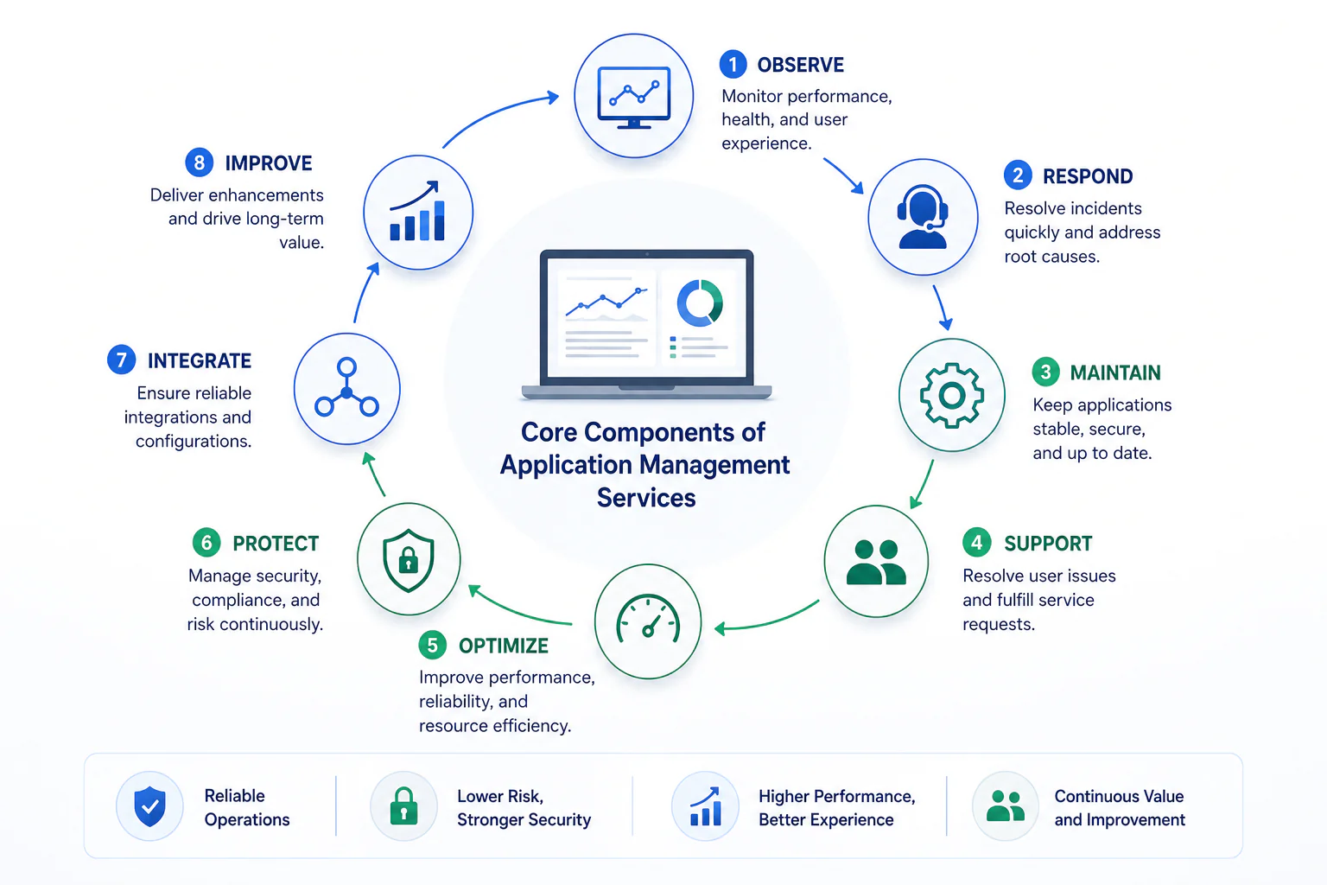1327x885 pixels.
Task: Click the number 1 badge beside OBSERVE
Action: [x=733, y=64]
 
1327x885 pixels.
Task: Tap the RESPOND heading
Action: [x=1088, y=176]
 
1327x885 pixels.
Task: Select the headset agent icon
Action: [x=923, y=216]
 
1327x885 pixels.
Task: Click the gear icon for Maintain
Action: [x=952, y=395]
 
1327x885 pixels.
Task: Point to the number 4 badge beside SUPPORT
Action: [x=977, y=542]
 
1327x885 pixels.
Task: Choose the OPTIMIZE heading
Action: [x=504, y=646]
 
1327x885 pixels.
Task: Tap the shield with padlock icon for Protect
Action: [x=408, y=560]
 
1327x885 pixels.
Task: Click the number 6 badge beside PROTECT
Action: [x=206, y=543]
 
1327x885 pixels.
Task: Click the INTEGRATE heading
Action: [x=199, y=360]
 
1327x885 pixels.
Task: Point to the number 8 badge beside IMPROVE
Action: [x=199, y=162]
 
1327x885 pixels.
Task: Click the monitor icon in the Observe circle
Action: [x=634, y=97]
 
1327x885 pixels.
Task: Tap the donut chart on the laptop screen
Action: [x=700, y=302]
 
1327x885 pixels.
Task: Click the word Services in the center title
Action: [x=645, y=497]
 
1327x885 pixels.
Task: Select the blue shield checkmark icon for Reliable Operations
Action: [x=149, y=806]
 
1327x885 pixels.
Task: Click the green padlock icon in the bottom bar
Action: [x=404, y=806]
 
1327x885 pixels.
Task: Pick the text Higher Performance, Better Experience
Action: [x=837, y=807]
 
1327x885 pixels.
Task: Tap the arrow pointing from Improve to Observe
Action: [x=497, y=112]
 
